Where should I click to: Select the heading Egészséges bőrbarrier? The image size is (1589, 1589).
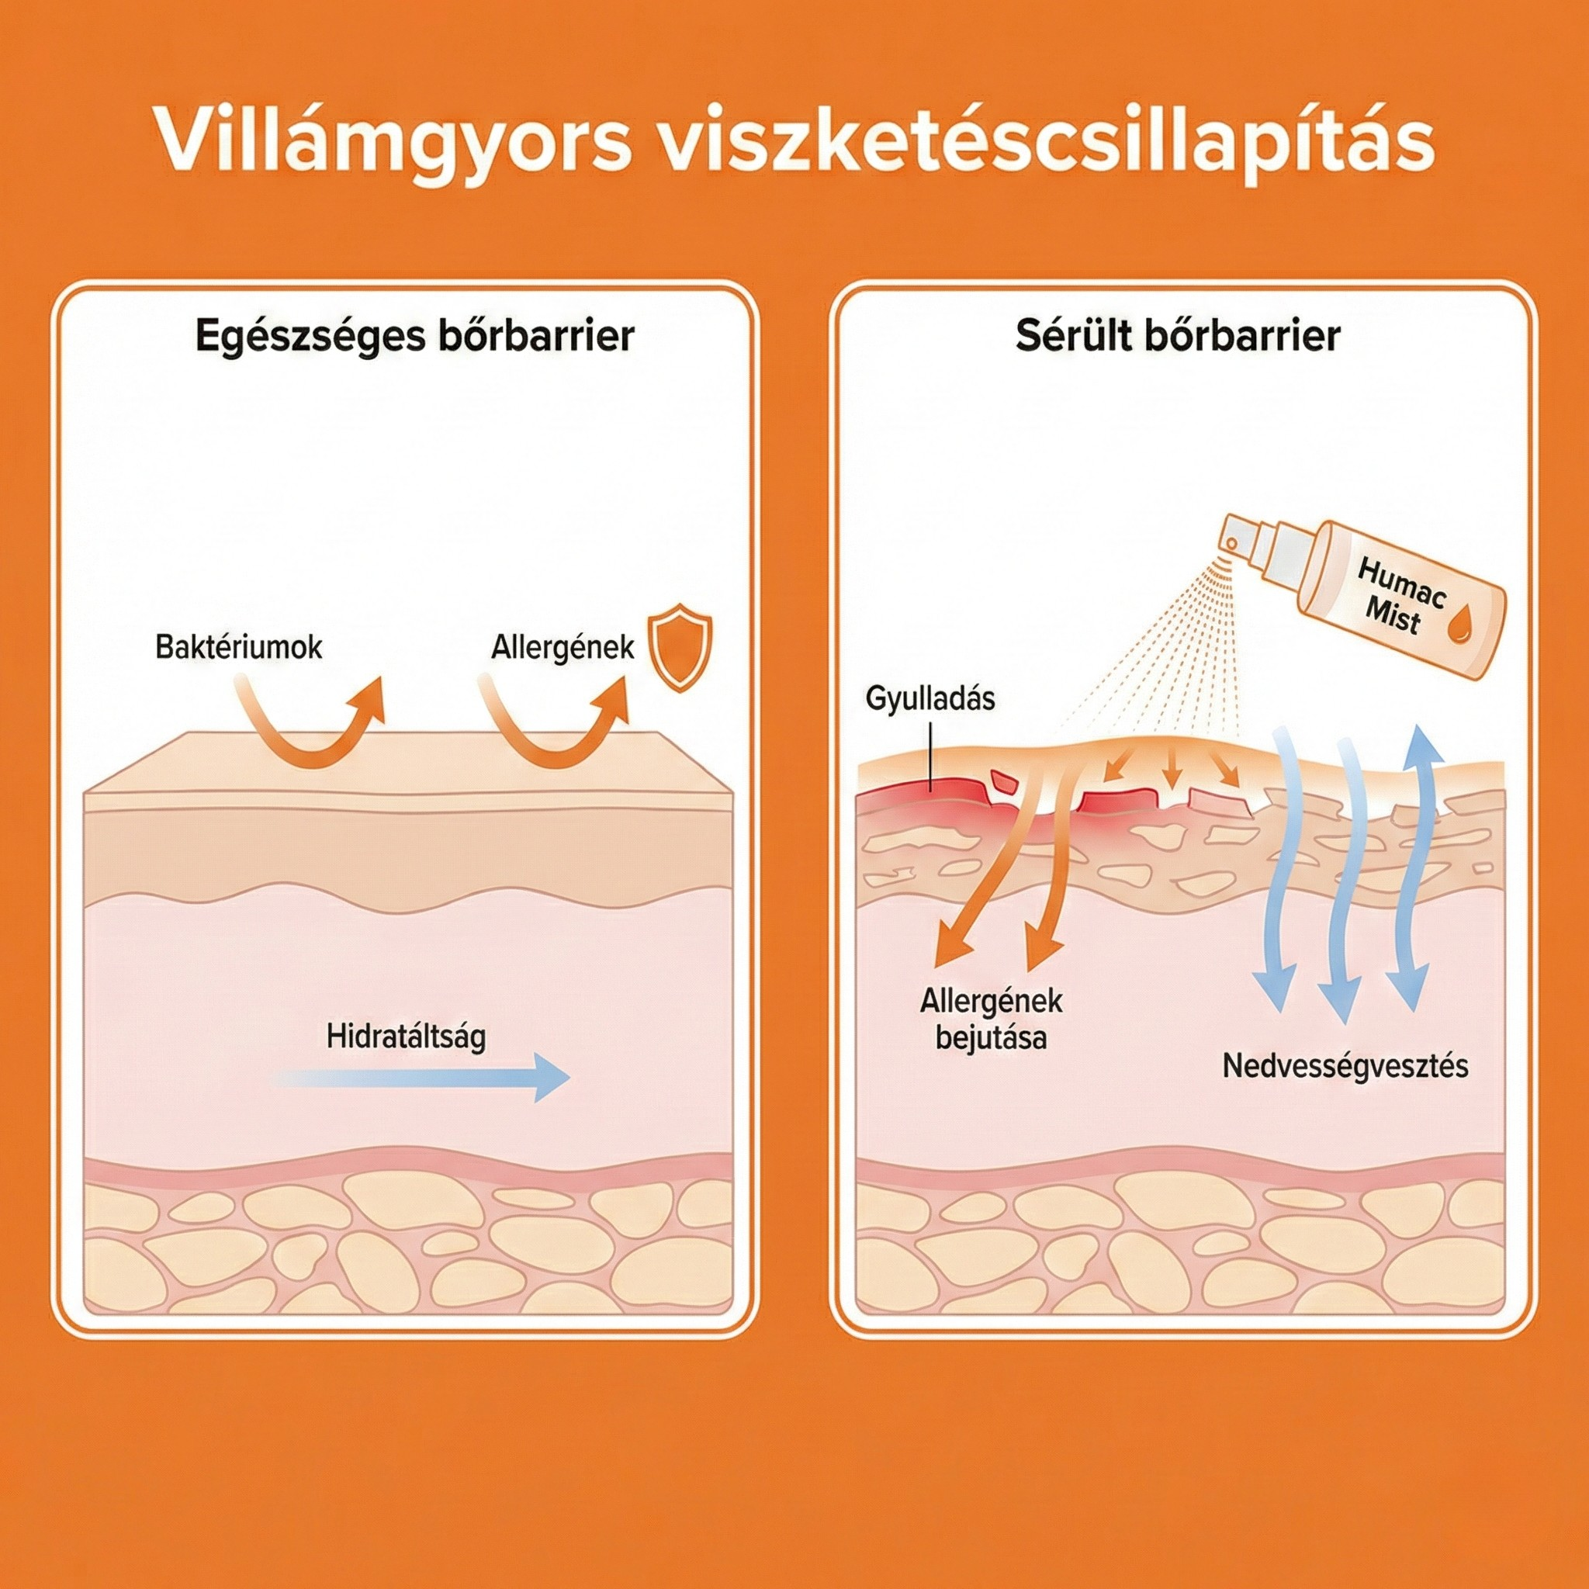click(414, 338)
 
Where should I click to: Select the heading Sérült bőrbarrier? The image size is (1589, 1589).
click(1177, 338)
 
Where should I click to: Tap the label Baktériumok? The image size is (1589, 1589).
click(238, 647)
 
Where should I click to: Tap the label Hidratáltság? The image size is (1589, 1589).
click(406, 1037)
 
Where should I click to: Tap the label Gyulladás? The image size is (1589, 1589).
click(930, 698)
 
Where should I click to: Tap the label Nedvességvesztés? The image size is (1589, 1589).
click(1345, 1066)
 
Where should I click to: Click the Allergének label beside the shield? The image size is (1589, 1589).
click(563, 647)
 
